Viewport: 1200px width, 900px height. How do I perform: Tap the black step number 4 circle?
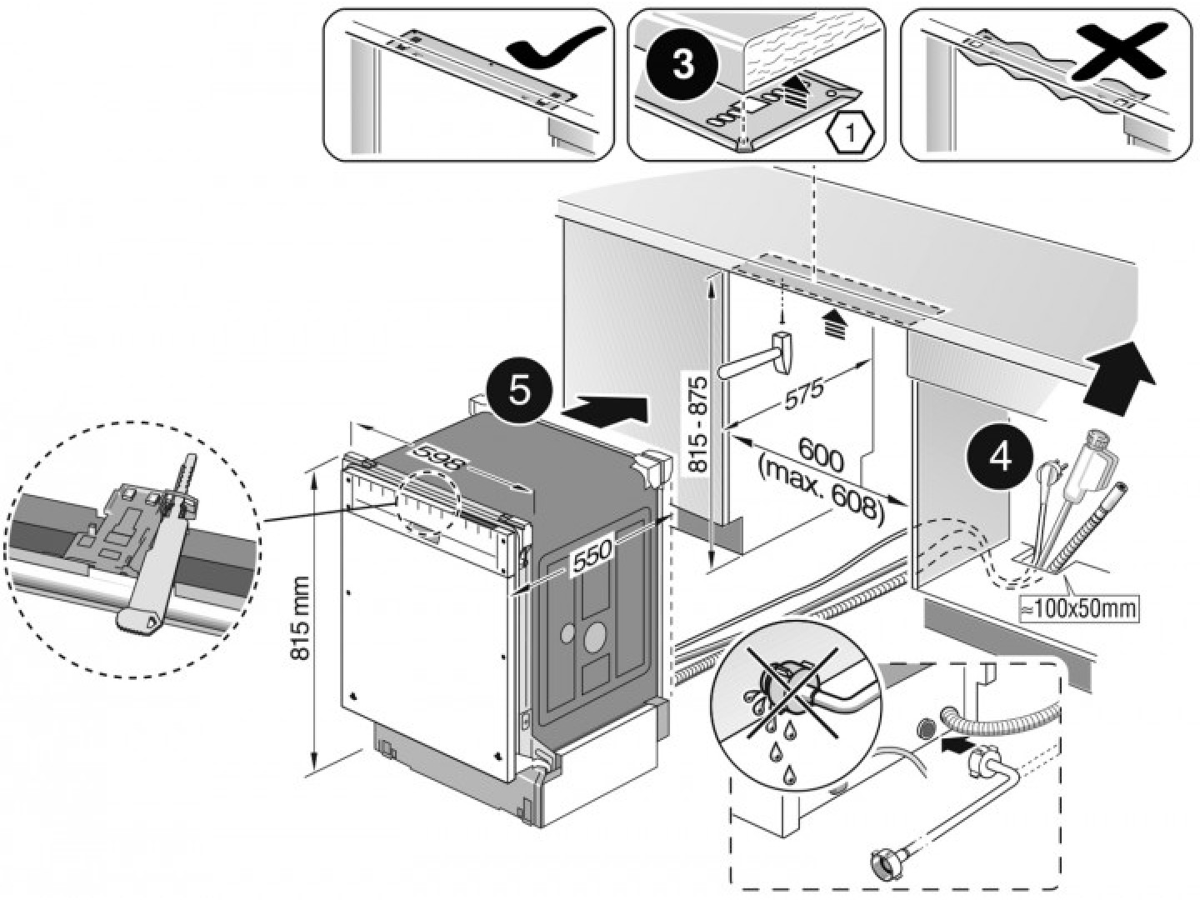tap(1001, 457)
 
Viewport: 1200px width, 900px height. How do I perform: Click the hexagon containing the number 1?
tap(850, 131)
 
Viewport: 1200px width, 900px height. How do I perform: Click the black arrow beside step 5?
tap(605, 411)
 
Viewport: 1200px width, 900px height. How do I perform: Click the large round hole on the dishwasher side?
tap(595, 637)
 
